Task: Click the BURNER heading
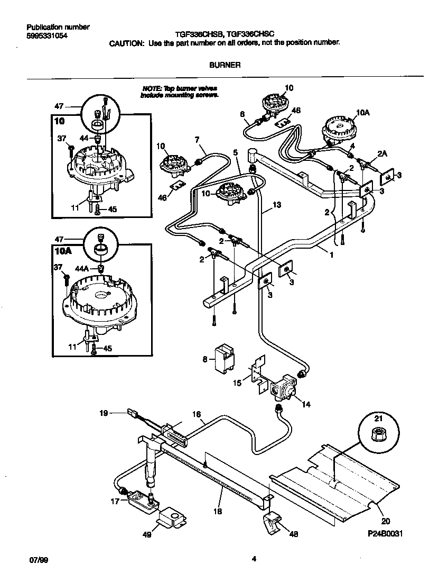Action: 225,65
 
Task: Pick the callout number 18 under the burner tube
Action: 218,511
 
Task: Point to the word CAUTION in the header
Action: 126,44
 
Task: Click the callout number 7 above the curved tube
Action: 197,140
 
